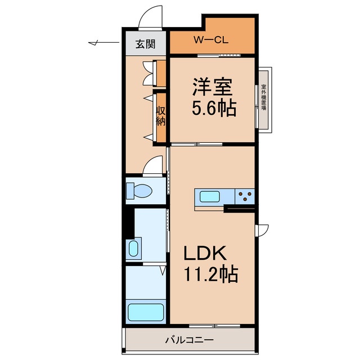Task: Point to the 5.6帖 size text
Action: [214, 109]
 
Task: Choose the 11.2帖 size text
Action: [211, 275]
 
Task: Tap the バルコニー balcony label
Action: [189, 340]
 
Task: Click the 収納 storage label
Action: [161, 116]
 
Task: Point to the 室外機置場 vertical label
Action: [264, 98]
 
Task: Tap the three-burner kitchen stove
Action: [245, 196]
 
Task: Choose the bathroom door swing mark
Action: [163, 272]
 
